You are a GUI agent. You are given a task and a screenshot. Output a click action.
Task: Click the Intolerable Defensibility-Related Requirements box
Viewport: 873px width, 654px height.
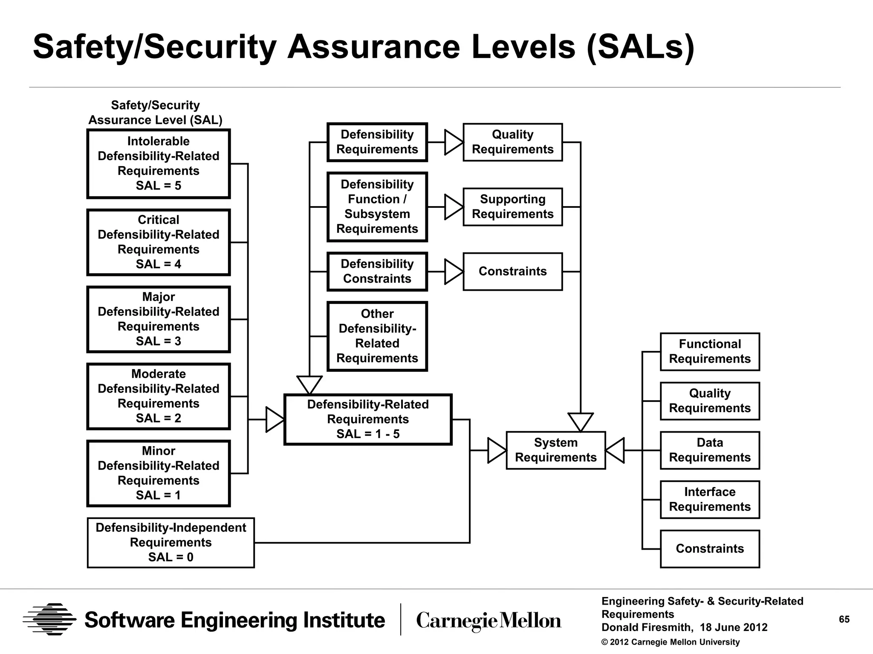point(159,163)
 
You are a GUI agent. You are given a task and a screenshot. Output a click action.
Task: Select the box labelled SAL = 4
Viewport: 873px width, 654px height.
point(159,242)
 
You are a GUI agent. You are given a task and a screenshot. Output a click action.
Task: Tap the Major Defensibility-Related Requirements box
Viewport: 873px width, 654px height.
point(159,319)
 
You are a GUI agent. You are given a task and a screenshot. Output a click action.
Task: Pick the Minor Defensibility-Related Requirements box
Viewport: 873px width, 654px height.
point(159,473)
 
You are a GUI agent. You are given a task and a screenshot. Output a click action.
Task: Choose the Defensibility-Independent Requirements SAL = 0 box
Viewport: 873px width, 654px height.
point(171,542)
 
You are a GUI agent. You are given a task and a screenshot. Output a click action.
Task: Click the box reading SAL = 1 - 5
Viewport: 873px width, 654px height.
point(368,419)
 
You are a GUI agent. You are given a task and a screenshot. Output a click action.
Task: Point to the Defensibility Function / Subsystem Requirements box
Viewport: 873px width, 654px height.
point(377,207)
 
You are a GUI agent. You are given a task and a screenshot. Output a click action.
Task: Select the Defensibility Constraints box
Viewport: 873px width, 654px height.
point(377,272)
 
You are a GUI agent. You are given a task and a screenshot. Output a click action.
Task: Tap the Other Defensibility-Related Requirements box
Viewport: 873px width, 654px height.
point(377,336)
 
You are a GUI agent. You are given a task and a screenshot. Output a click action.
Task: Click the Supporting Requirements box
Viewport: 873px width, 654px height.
point(512,207)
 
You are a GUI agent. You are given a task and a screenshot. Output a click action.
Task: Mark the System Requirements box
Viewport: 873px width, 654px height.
point(556,450)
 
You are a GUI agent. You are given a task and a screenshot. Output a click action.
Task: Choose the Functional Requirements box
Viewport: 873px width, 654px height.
point(710,352)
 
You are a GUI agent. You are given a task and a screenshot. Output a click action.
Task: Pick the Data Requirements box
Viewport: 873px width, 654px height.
point(710,450)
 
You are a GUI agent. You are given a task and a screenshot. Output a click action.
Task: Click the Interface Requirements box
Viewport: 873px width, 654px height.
point(710,499)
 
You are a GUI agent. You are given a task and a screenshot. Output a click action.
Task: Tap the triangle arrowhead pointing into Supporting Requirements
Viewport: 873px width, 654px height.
point(453,207)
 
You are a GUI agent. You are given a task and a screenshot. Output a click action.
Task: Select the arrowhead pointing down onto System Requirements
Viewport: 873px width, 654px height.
point(581,422)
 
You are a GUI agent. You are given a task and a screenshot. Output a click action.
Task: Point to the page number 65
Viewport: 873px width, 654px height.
point(844,620)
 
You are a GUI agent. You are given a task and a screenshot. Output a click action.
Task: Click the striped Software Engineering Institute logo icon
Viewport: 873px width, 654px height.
point(49,620)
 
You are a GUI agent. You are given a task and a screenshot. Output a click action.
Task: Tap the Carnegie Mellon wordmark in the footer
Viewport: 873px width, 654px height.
point(489,621)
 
